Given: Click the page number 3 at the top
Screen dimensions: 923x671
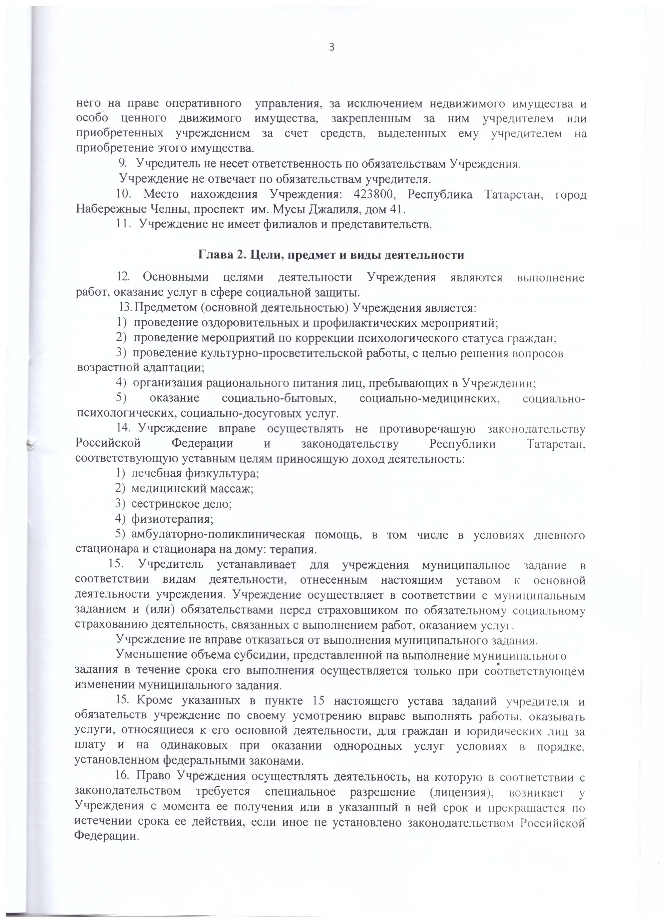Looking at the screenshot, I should pyautogui.click(x=331, y=47).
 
